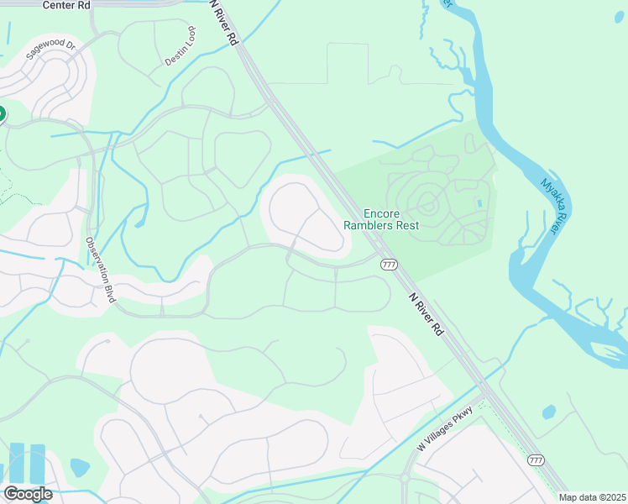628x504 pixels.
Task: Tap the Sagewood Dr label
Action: pos(51,50)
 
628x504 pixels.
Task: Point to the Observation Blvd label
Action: pos(99,270)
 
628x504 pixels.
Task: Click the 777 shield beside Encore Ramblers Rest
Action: pos(389,264)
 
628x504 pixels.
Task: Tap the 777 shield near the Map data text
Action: pos(536,460)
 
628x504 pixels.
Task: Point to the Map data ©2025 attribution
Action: pos(592,497)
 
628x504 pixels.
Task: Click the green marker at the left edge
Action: pos(2,113)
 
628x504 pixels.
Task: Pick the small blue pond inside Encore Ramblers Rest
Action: pos(479,203)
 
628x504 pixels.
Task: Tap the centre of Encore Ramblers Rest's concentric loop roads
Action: pos(427,202)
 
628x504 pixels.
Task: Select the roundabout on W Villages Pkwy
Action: pos(405,478)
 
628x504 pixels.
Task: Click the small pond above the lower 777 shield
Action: pos(548,412)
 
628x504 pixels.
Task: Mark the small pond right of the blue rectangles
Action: pos(80,467)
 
